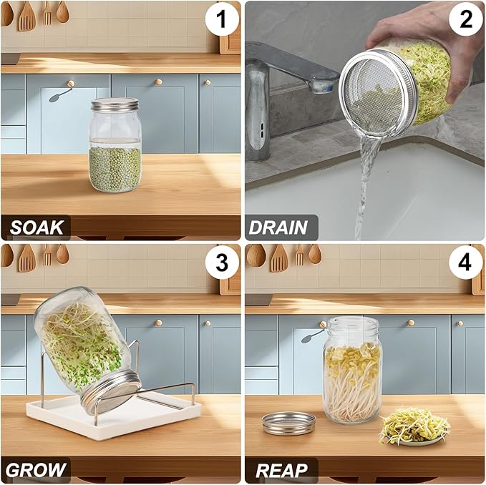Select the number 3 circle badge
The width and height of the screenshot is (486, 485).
point(222,264)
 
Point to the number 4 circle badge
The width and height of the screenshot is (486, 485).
point(466,264)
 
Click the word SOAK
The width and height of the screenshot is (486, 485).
point(37,227)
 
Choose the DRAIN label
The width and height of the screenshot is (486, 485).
point(278,227)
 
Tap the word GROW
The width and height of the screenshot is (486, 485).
point(37,470)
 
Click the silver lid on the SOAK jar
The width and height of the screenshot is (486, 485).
point(114,105)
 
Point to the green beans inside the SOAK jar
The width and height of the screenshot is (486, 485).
point(115,168)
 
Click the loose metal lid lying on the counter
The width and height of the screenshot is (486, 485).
point(288,422)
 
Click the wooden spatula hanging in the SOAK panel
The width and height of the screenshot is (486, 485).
point(26,16)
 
